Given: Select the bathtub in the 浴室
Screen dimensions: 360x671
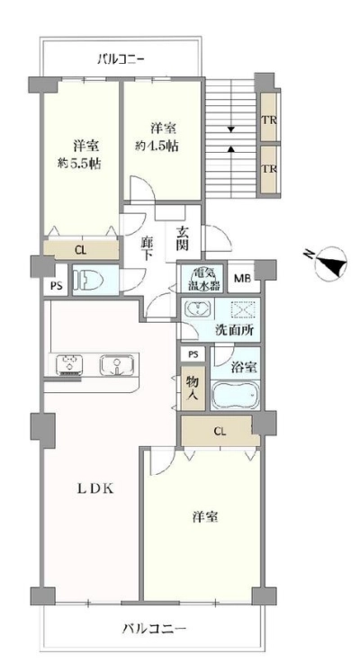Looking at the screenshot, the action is click(235, 394).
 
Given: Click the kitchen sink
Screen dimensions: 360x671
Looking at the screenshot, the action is click(116, 365).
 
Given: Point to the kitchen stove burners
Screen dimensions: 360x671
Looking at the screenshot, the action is click(69, 365).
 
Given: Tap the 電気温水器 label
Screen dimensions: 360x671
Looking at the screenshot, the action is click(202, 279).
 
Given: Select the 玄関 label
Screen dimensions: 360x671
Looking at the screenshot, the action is click(184, 238).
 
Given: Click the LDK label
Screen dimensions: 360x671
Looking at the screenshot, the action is click(95, 489).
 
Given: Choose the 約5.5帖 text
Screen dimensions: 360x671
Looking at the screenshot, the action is click(79, 164).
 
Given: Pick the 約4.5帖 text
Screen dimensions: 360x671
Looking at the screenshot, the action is click(157, 147).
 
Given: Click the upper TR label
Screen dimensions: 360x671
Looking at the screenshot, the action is click(268, 120).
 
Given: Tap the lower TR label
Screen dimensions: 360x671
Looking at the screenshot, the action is click(268, 169).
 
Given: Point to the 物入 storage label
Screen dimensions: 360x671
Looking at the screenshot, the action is click(191, 389).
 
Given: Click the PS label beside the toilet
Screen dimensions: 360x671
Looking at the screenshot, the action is click(56, 286).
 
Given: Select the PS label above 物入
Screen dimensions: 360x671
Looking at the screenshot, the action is click(193, 353).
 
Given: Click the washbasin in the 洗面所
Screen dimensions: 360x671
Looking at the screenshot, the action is click(197, 309).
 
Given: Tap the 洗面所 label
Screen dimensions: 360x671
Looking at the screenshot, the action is click(235, 330).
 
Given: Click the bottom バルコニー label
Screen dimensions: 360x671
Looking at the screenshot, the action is click(155, 629).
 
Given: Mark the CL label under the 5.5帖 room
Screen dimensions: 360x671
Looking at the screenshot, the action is click(80, 251).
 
